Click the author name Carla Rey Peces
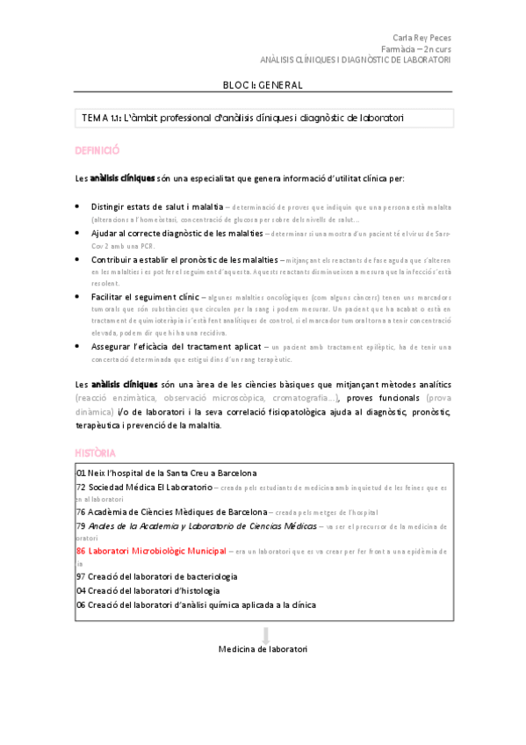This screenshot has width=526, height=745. [422, 38]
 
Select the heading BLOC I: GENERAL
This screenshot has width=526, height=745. [263, 85]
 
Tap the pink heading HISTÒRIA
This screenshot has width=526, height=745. [95, 452]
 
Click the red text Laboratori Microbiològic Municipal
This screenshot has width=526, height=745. [151, 552]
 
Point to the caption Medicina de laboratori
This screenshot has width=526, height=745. [263, 649]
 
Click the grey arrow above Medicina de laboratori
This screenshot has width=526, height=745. [265, 634]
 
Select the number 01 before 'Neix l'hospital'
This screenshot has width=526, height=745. [81, 473]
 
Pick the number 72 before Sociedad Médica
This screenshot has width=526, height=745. [81, 486]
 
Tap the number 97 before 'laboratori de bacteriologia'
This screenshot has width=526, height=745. [81, 577]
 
